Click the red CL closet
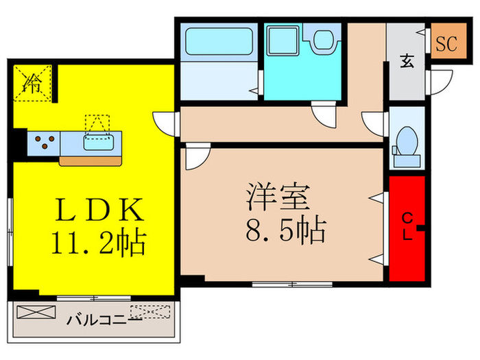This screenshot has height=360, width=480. pyautogui.click(x=407, y=228)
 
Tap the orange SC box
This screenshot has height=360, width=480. pyautogui.click(x=446, y=44)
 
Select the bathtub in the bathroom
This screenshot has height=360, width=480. pyautogui.click(x=218, y=44)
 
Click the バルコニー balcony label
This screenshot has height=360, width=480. pyautogui.click(x=103, y=320)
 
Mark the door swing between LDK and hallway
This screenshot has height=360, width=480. pyautogui.click(x=166, y=124)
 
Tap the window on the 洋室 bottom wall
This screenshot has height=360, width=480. pyautogui.click(x=291, y=283)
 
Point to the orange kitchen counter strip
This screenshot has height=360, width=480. pyautogui.click(x=90, y=161)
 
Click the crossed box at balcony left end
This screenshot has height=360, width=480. pyautogui.click(x=34, y=313)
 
